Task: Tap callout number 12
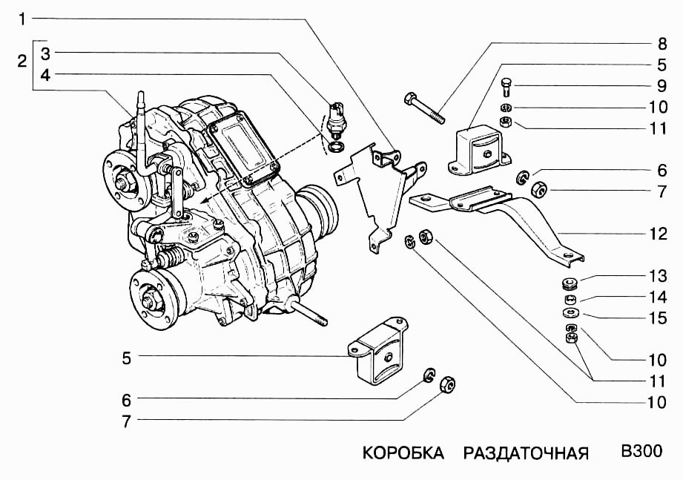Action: (658, 234)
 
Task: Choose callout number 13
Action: (658, 277)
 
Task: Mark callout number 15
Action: (658, 318)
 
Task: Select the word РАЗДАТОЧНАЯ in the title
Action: (526, 453)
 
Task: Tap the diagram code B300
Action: (641, 451)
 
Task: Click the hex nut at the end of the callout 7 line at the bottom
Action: (448, 384)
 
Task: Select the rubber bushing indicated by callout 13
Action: (570, 283)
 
